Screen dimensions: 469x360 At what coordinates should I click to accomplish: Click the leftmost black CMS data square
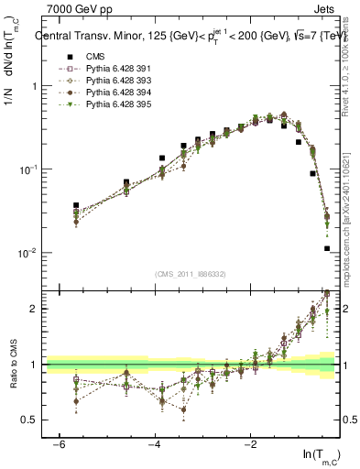click(x=76, y=205)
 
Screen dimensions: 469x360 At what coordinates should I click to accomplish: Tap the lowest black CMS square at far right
click(x=327, y=248)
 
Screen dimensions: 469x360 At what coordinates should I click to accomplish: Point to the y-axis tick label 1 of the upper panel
click(x=34, y=86)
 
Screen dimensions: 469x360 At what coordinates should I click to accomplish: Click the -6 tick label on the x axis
click(x=59, y=444)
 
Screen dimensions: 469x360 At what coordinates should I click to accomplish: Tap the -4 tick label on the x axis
click(x=154, y=444)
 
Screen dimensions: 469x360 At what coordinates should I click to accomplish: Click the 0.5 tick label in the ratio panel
click(x=29, y=420)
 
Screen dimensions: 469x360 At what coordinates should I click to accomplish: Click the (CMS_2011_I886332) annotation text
click(x=192, y=274)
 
